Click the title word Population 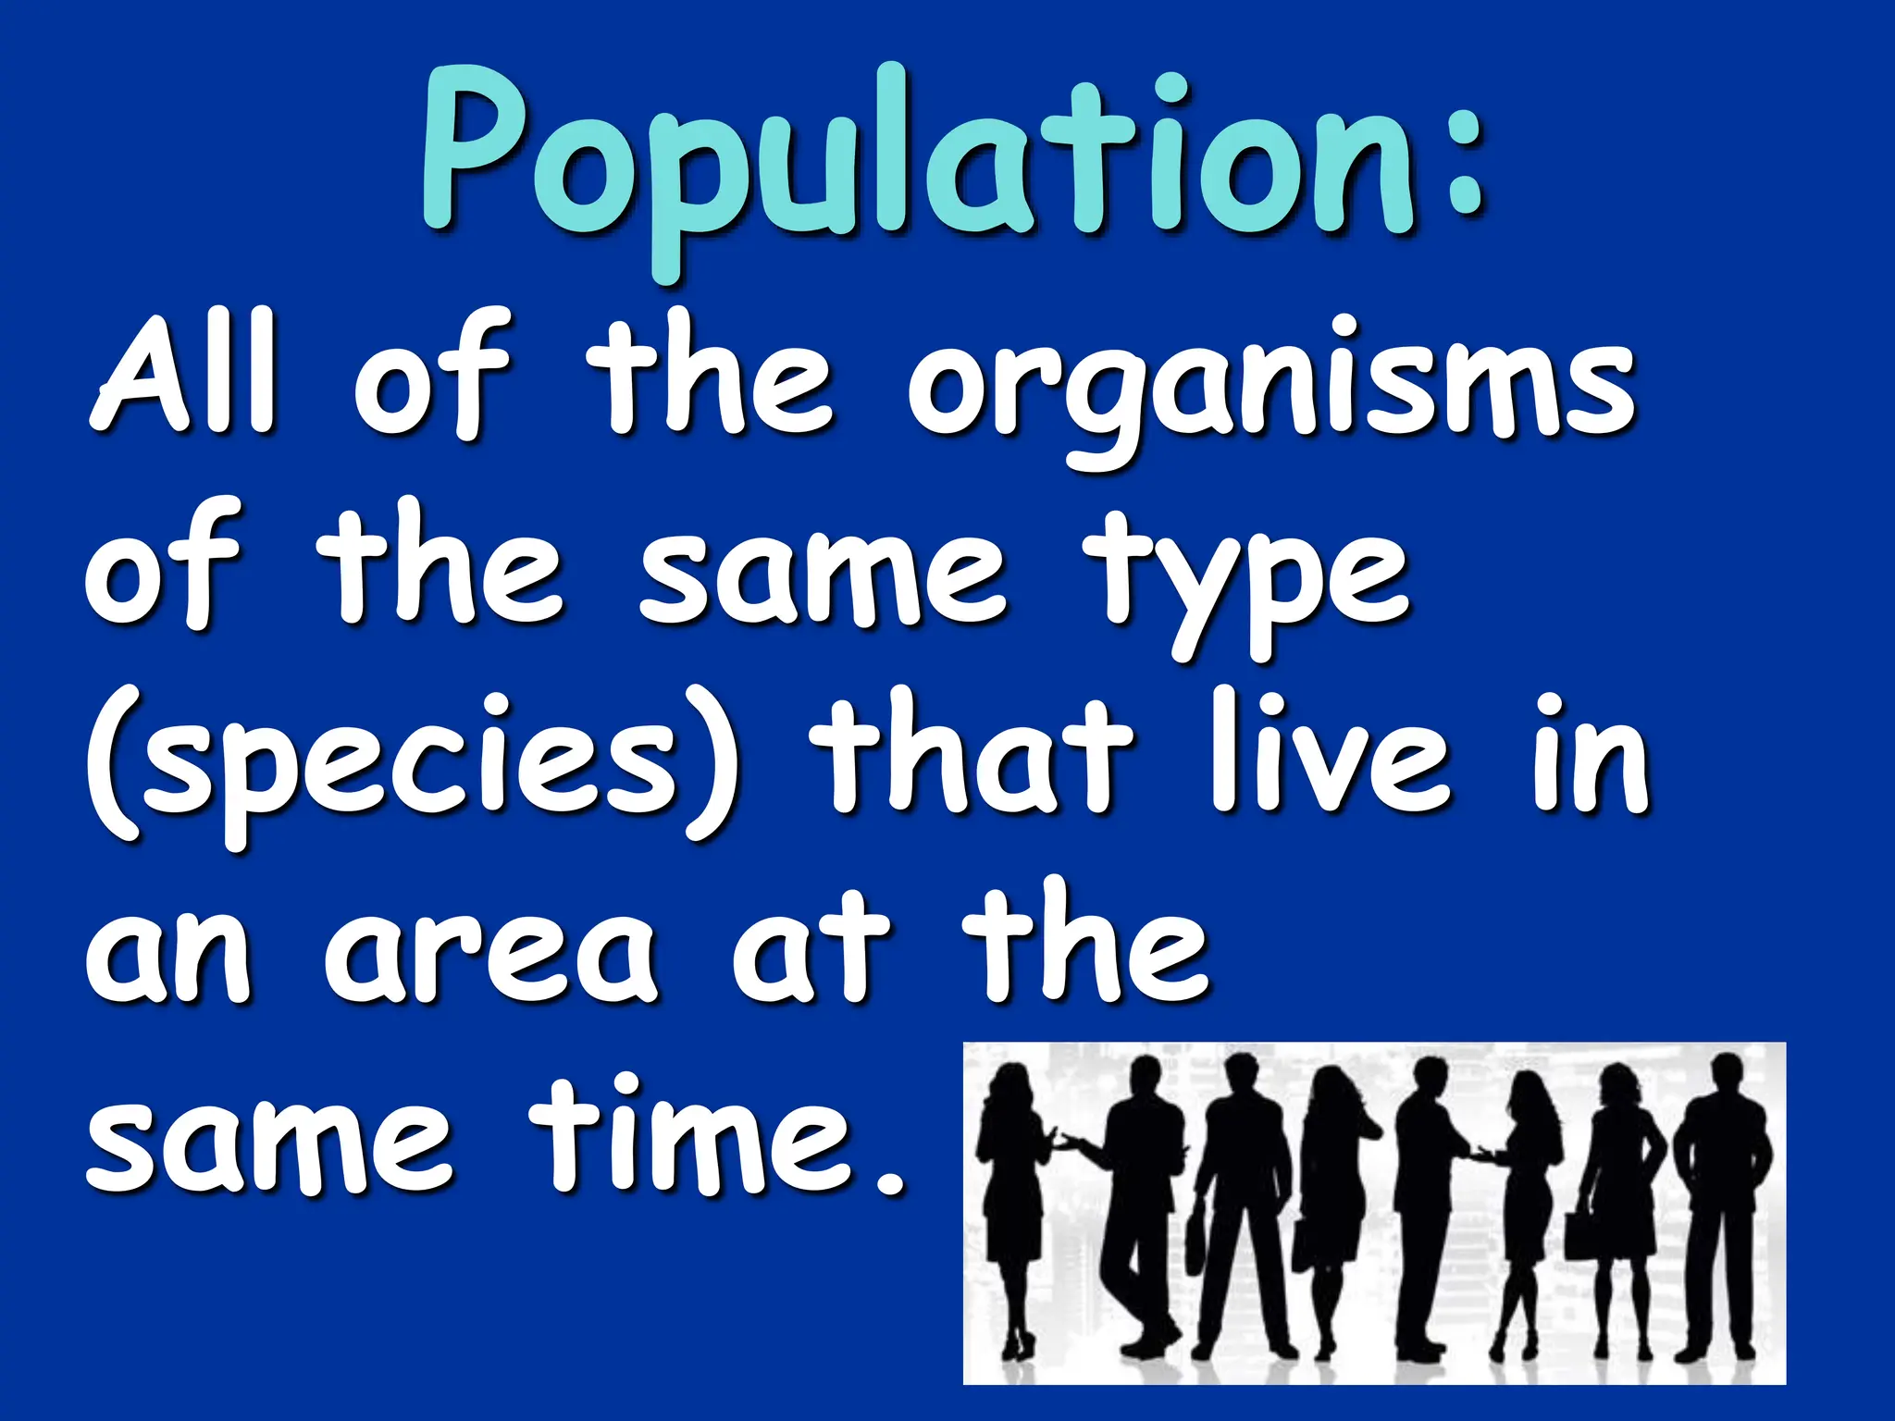coord(916,167)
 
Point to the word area coord(490,953)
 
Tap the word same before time coord(268,1143)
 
